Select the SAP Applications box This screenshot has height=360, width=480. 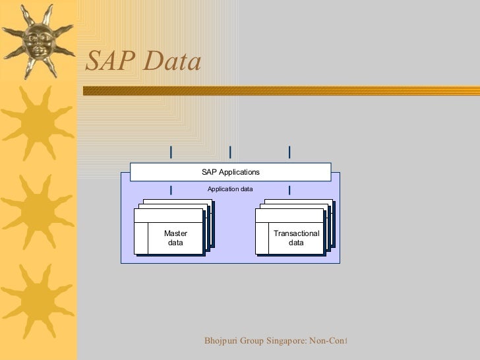(x=230, y=172)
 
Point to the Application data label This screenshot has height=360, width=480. (x=230, y=189)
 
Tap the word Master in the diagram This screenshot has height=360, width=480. (x=175, y=233)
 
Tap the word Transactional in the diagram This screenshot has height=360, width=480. (x=296, y=233)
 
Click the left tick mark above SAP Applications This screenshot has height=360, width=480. (x=171, y=152)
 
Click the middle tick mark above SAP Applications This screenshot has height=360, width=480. (x=230, y=152)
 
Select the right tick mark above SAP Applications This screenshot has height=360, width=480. (x=289, y=152)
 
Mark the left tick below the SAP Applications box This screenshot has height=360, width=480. (x=171, y=190)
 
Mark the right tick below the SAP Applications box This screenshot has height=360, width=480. (x=289, y=190)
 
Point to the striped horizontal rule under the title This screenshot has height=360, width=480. (x=280, y=90)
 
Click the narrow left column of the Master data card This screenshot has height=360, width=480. (x=141, y=238)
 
